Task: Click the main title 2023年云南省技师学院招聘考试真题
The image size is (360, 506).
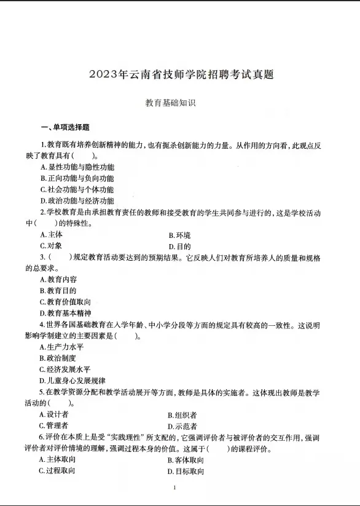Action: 181,75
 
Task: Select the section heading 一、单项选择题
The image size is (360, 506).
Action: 65,127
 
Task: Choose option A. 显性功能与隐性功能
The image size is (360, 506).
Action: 77,167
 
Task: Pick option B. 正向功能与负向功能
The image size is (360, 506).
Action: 77,178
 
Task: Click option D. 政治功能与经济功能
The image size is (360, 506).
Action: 77,200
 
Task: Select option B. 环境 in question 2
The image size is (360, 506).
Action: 179,235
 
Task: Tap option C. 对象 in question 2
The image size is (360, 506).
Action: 51,246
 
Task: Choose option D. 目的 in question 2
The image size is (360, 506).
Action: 179,246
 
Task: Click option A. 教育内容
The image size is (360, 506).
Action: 58,279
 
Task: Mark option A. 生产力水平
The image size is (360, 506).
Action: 61,347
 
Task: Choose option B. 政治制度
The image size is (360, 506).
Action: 58,358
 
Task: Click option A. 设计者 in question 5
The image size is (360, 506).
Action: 54,414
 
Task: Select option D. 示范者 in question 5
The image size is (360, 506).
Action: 182,425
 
